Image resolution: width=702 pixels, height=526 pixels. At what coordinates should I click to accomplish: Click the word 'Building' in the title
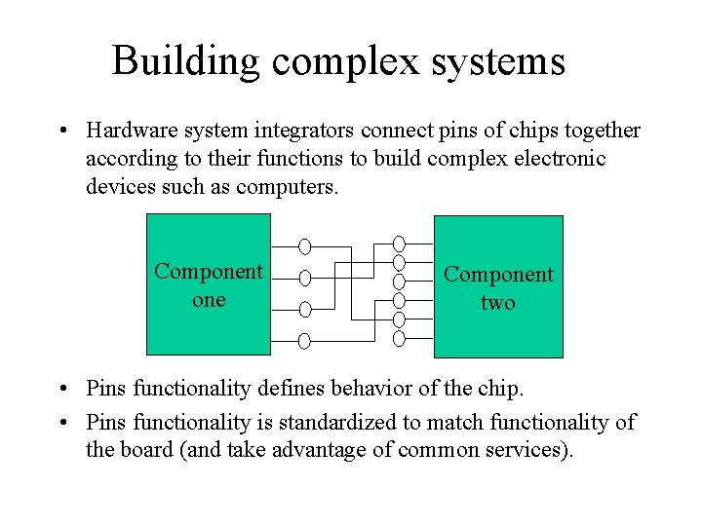(186, 60)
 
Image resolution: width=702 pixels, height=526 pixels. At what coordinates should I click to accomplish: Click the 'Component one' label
(209, 285)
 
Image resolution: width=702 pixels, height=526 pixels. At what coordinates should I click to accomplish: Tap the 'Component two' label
(498, 288)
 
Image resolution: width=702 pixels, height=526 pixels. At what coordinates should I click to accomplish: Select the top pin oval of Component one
(304, 245)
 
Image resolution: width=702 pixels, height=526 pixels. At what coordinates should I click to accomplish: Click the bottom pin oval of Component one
(304, 341)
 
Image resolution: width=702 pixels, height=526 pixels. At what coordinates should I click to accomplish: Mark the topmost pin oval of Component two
(399, 243)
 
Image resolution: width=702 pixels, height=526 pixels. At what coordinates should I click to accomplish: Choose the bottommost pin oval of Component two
(399, 339)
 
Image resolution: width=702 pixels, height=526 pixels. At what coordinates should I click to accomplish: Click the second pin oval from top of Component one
(304, 278)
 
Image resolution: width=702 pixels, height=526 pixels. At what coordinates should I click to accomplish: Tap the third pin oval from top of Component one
(304, 309)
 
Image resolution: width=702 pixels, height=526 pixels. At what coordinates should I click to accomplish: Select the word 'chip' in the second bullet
(499, 390)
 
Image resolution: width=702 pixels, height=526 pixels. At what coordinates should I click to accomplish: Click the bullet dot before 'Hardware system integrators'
(61, 131)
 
